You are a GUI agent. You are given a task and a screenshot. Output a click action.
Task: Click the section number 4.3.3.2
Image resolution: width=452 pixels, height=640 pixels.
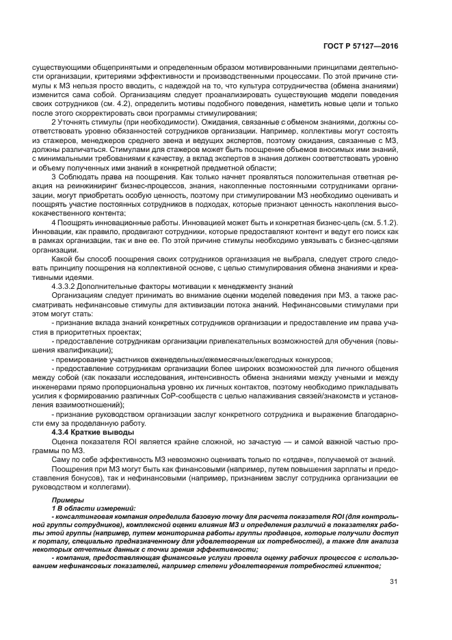click(x=65, y=285)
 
